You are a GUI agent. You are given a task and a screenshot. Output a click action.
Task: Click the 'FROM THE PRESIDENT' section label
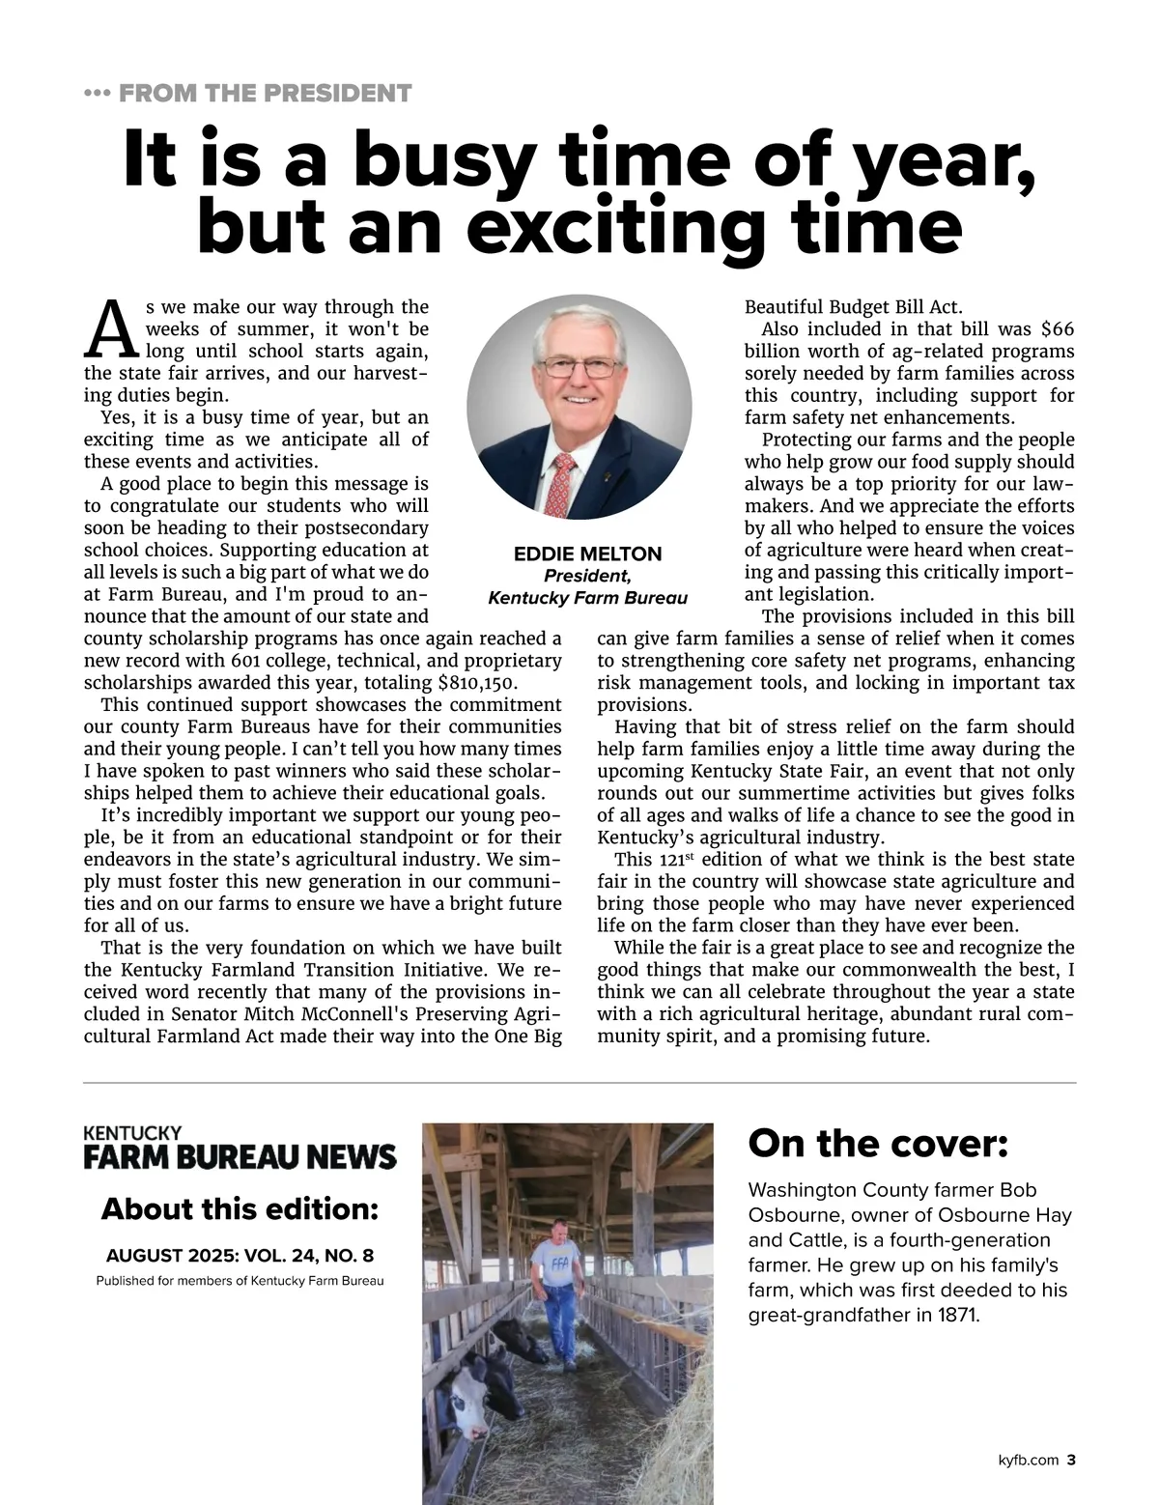265,94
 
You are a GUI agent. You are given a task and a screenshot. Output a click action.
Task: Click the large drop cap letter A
112,329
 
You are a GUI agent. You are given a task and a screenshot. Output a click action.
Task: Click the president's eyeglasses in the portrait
579,367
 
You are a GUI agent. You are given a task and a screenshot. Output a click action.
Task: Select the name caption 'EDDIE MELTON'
587,554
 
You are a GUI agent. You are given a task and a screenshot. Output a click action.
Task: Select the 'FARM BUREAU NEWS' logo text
240,1157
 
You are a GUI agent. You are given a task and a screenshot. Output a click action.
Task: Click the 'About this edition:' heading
240,1209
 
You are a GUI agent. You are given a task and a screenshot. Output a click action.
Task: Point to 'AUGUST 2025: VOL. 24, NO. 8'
240,1256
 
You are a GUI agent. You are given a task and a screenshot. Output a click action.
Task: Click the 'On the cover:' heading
878,1144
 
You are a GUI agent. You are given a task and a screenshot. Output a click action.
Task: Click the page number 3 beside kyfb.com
1071,1461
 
